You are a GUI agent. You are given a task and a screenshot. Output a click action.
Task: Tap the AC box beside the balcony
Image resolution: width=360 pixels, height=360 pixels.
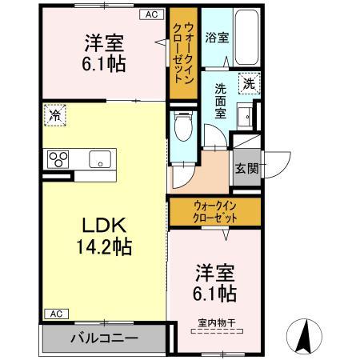point(54,314)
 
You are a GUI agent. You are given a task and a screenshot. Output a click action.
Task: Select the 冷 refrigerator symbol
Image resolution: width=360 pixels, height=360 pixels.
point(54,116)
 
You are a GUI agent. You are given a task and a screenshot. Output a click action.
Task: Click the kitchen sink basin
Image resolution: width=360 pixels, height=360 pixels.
point(99,157)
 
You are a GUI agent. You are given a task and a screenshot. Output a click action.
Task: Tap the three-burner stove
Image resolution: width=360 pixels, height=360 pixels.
point(58,158)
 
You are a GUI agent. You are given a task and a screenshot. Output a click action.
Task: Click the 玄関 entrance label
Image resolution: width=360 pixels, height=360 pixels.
point(246,168)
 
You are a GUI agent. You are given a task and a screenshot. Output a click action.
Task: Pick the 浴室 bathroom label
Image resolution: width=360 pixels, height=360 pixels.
point(215,36)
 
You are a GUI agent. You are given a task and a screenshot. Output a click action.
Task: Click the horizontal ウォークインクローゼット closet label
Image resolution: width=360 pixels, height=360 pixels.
point(214,212)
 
